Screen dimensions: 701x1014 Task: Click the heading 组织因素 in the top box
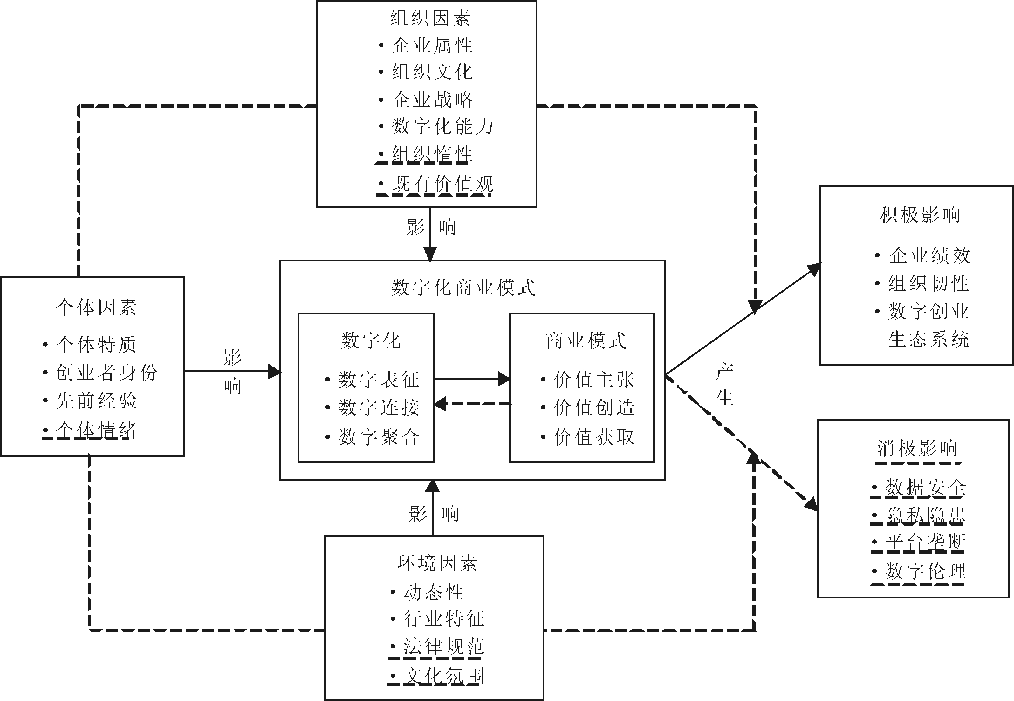pyautogui.click(x=430, y=18)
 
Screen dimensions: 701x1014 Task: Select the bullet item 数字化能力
pyautogui.click(x=442, y=126)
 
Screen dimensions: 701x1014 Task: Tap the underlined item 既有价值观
pyautogui.click(x=442, y=184)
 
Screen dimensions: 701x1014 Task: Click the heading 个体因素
pyautogui.click(x=96, y=307)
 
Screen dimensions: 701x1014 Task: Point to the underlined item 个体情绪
pyautogui.click(x=96, y=430)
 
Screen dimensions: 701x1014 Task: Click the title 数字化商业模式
pyautogui.click(x=463, y=288)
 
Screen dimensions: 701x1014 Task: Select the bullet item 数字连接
pyautogui.click(x=379, y=408)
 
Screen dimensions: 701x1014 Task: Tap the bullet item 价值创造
pyautogui.click(x=593, y=408)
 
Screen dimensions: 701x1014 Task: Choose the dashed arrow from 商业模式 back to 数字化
pyautogui.click(x=472, y=404)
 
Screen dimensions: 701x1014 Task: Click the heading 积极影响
pyautogui.click(x=920, y=215)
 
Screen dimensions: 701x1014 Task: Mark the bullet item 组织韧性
pyautogui.click(x=928, y=283)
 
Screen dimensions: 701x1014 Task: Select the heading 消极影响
pyautogui.click(x=917, y=449)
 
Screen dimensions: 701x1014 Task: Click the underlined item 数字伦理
pyautogui.click(x=925, y=571)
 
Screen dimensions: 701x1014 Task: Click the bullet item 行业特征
pyautogui.click(x=443, y=619)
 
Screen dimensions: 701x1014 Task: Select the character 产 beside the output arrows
pyautogui.click(x=724, y=372)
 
